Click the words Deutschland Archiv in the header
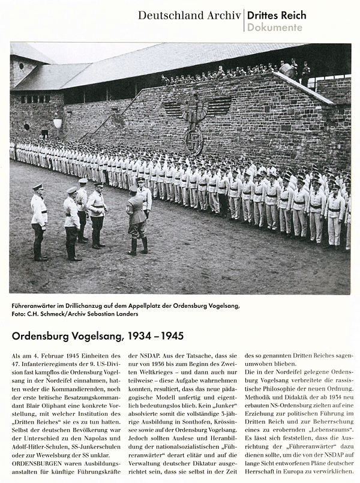[189, 16]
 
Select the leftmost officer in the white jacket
[39, 222]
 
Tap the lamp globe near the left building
[58, 123]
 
